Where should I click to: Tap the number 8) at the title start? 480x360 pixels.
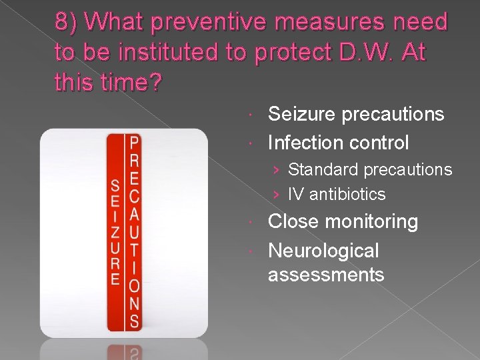[x=68, y=23]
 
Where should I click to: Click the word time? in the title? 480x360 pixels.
[x=126, y=83]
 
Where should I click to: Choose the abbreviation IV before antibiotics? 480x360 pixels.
[x=294, y=195]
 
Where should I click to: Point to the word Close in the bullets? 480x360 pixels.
[x=294, y=222]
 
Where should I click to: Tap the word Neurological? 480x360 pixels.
[x=323, y=251]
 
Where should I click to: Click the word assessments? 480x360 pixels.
[x=326, y=274]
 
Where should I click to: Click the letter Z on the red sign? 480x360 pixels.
[x=115, y=232]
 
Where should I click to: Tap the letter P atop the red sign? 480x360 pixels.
[x=134, y=143]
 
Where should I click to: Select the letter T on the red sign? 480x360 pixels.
[x=134, y=250]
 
